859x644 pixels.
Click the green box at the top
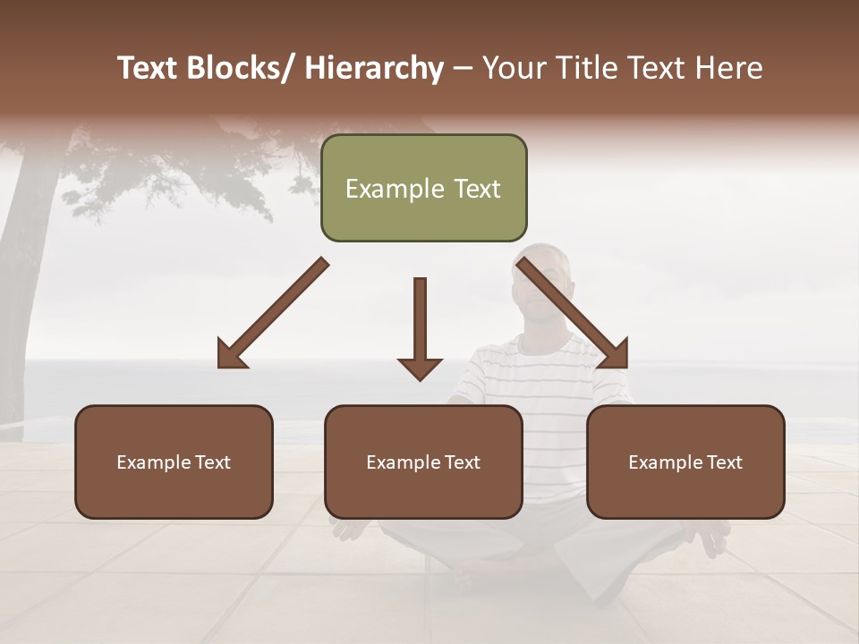pyautogui.click(x=423, y=188)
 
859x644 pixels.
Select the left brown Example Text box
pyautogui.click(x=174, y=462)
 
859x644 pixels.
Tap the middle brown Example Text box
pyautogui.click(x=423, y=462)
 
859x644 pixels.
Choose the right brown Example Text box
pyautogui.click(x=685, y=462)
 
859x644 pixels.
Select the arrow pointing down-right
pyautogui.click(x=574, y=314)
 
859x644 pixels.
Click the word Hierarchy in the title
pyautogui.click(x=374, y=68)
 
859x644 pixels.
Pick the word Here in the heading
pyautogui.click(x=729, y=68)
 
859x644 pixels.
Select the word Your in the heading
pyautogui.click(x=514, y=68)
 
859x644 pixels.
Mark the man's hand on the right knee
pyautogui.click(x=711, y=537)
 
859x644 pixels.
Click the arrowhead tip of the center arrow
pyautogui.click(x=420, y=379)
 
